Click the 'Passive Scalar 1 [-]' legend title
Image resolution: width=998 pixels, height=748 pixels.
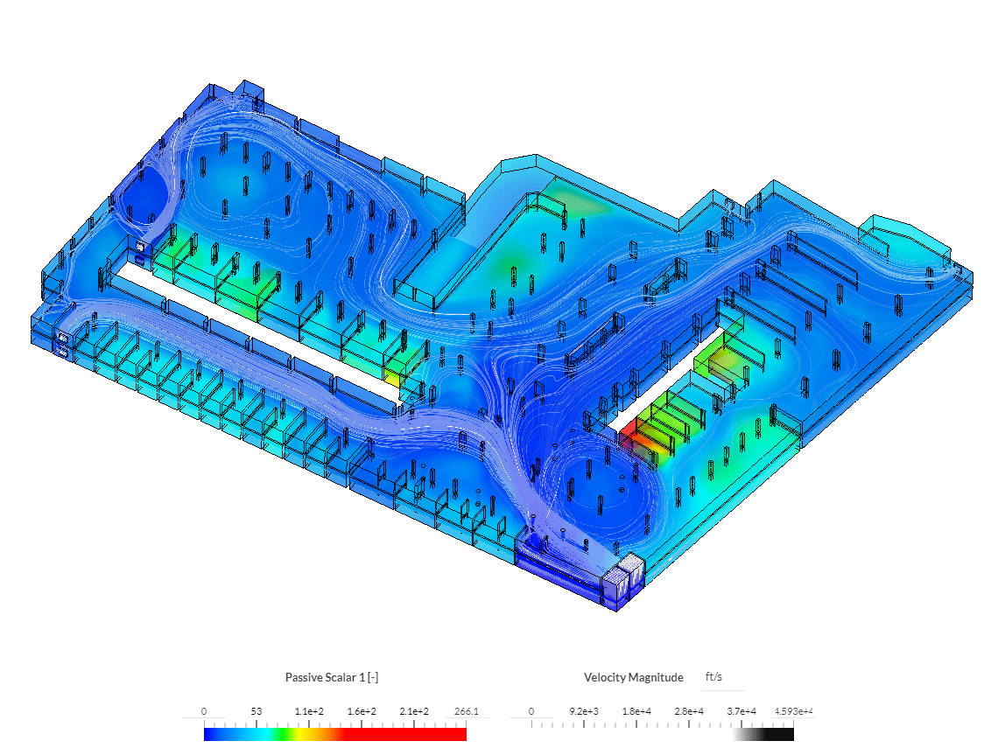coord(331,677)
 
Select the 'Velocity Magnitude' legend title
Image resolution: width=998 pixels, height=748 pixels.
coord(633,677)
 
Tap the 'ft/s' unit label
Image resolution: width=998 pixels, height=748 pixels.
coord(713,677)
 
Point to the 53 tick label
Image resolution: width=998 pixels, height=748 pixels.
coord(256,711)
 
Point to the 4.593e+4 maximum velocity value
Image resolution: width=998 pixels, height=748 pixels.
coord(793,711)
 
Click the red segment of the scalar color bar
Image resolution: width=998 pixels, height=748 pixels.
coord(403,735)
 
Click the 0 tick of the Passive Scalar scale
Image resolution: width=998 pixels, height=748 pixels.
coord(204,711)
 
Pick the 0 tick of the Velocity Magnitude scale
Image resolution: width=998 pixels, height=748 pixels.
coord(531,711)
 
